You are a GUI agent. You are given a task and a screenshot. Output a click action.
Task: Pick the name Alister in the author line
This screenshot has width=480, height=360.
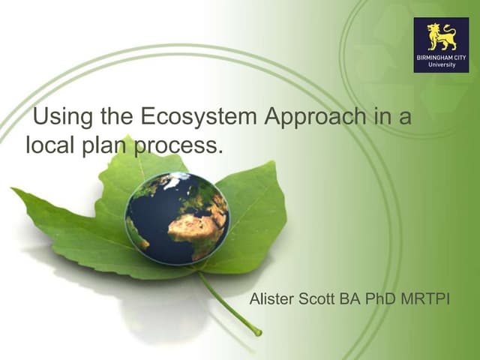[271, 301]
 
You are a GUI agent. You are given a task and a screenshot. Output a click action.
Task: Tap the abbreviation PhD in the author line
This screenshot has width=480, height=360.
[380, 301]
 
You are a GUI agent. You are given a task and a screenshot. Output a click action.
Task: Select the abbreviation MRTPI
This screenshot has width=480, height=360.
[424, 301]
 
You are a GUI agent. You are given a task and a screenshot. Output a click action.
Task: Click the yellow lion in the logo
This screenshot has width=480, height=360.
[441, 36]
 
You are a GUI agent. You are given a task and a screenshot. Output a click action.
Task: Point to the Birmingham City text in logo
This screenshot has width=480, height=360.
[441, 57]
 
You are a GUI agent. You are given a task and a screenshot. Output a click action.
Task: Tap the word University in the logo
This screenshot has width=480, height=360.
[441, 65]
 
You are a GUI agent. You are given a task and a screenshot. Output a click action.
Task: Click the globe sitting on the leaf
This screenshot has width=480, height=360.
[178, 217]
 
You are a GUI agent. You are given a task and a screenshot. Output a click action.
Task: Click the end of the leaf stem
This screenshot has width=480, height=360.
[258, 331]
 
